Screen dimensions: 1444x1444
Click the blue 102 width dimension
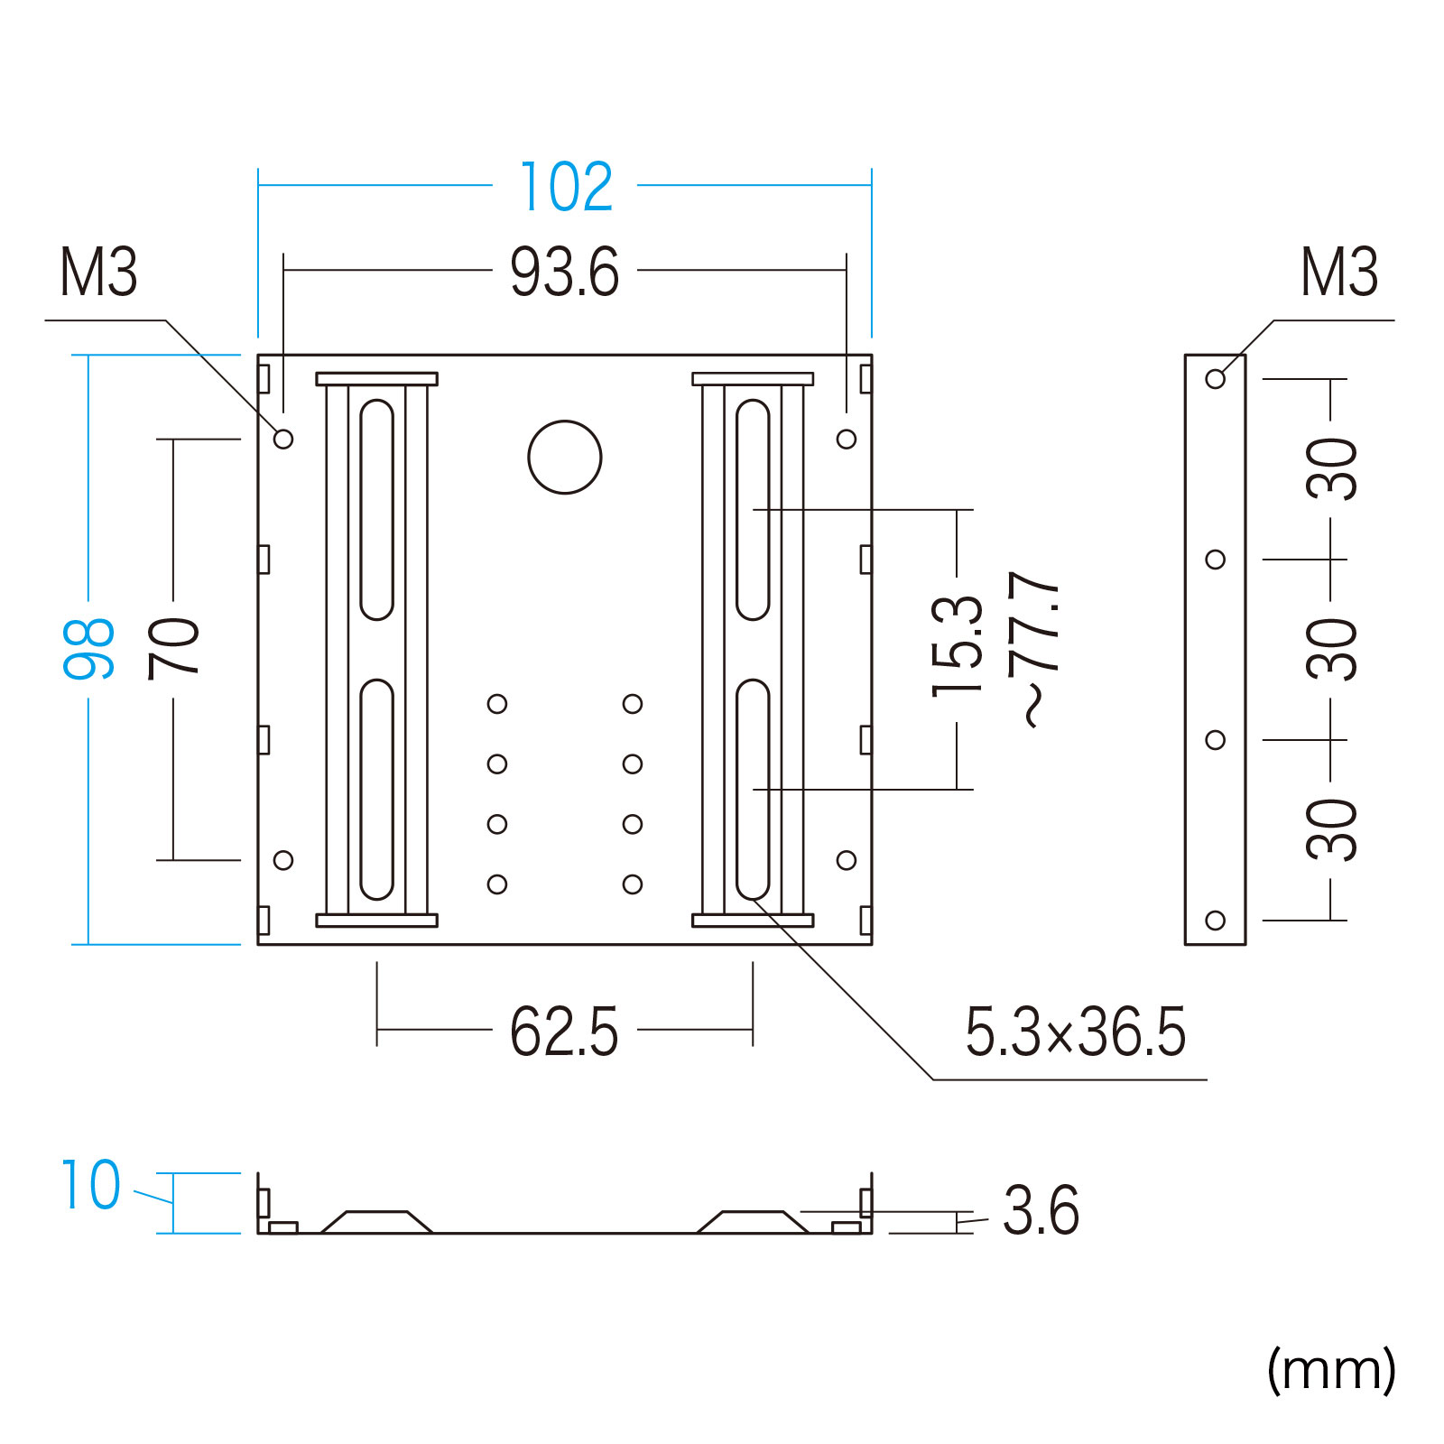(567, 187)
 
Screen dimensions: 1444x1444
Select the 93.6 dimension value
(565, 272)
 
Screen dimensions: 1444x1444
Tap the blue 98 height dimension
(88, 648)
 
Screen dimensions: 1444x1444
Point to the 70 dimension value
(173, 648)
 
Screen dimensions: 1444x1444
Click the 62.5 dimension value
(564, 1032)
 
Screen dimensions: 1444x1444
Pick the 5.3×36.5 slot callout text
(1076, 1032)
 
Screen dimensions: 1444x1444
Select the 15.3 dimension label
(957, 646)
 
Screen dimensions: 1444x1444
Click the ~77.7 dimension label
(1034, 648)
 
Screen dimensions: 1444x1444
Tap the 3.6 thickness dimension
(1041, 1210)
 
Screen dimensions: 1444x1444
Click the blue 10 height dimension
(90, 1185)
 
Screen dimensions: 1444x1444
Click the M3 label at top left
(98, 272)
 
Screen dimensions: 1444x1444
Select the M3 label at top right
(1339, 272)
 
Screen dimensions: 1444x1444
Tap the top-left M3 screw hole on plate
(283, 439)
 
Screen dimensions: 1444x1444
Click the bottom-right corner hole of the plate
(847, 860)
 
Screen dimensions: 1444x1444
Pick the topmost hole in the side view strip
(1216, 379)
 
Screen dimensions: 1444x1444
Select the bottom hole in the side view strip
(1216, 921)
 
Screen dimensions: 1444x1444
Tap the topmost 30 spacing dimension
(1331, 469)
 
